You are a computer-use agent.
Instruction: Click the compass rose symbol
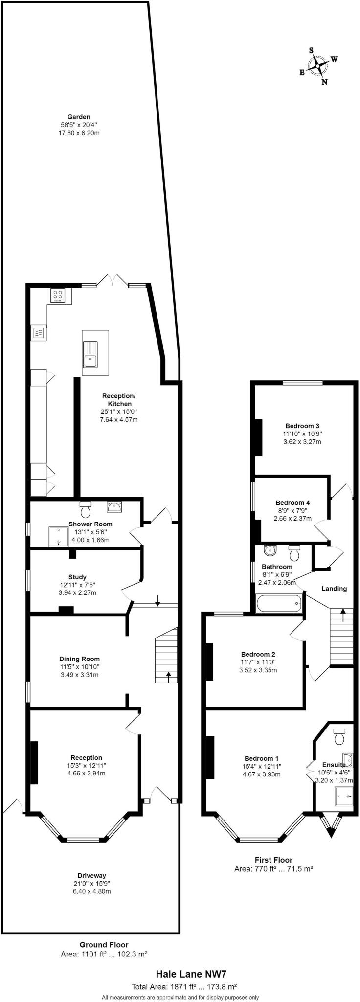pyautogui.click(x=319, y=66)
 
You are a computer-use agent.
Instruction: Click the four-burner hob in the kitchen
pyautogui.click(x=58, y=295)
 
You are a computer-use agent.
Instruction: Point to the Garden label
pyautogui.click(x=79, y=117)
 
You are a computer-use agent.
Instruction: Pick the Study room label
pyautogui.click(x=77, y=577)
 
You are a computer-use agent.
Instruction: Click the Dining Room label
pyautogui.click(x=79, y=659)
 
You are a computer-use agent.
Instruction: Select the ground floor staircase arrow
pyautogui.click(x=169, y=677)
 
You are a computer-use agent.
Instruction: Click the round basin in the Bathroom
pyautogui.click(x=270, y=550)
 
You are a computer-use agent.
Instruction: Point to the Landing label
pyautogui.click(x=334, y=588)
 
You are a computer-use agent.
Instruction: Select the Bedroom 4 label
pyautogui.click(x=292, y=502)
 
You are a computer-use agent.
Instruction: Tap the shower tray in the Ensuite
pyautogui.click(x=343, y=796)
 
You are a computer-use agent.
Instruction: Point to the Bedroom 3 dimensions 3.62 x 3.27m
pyautogui.click(x=302, y=442)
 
